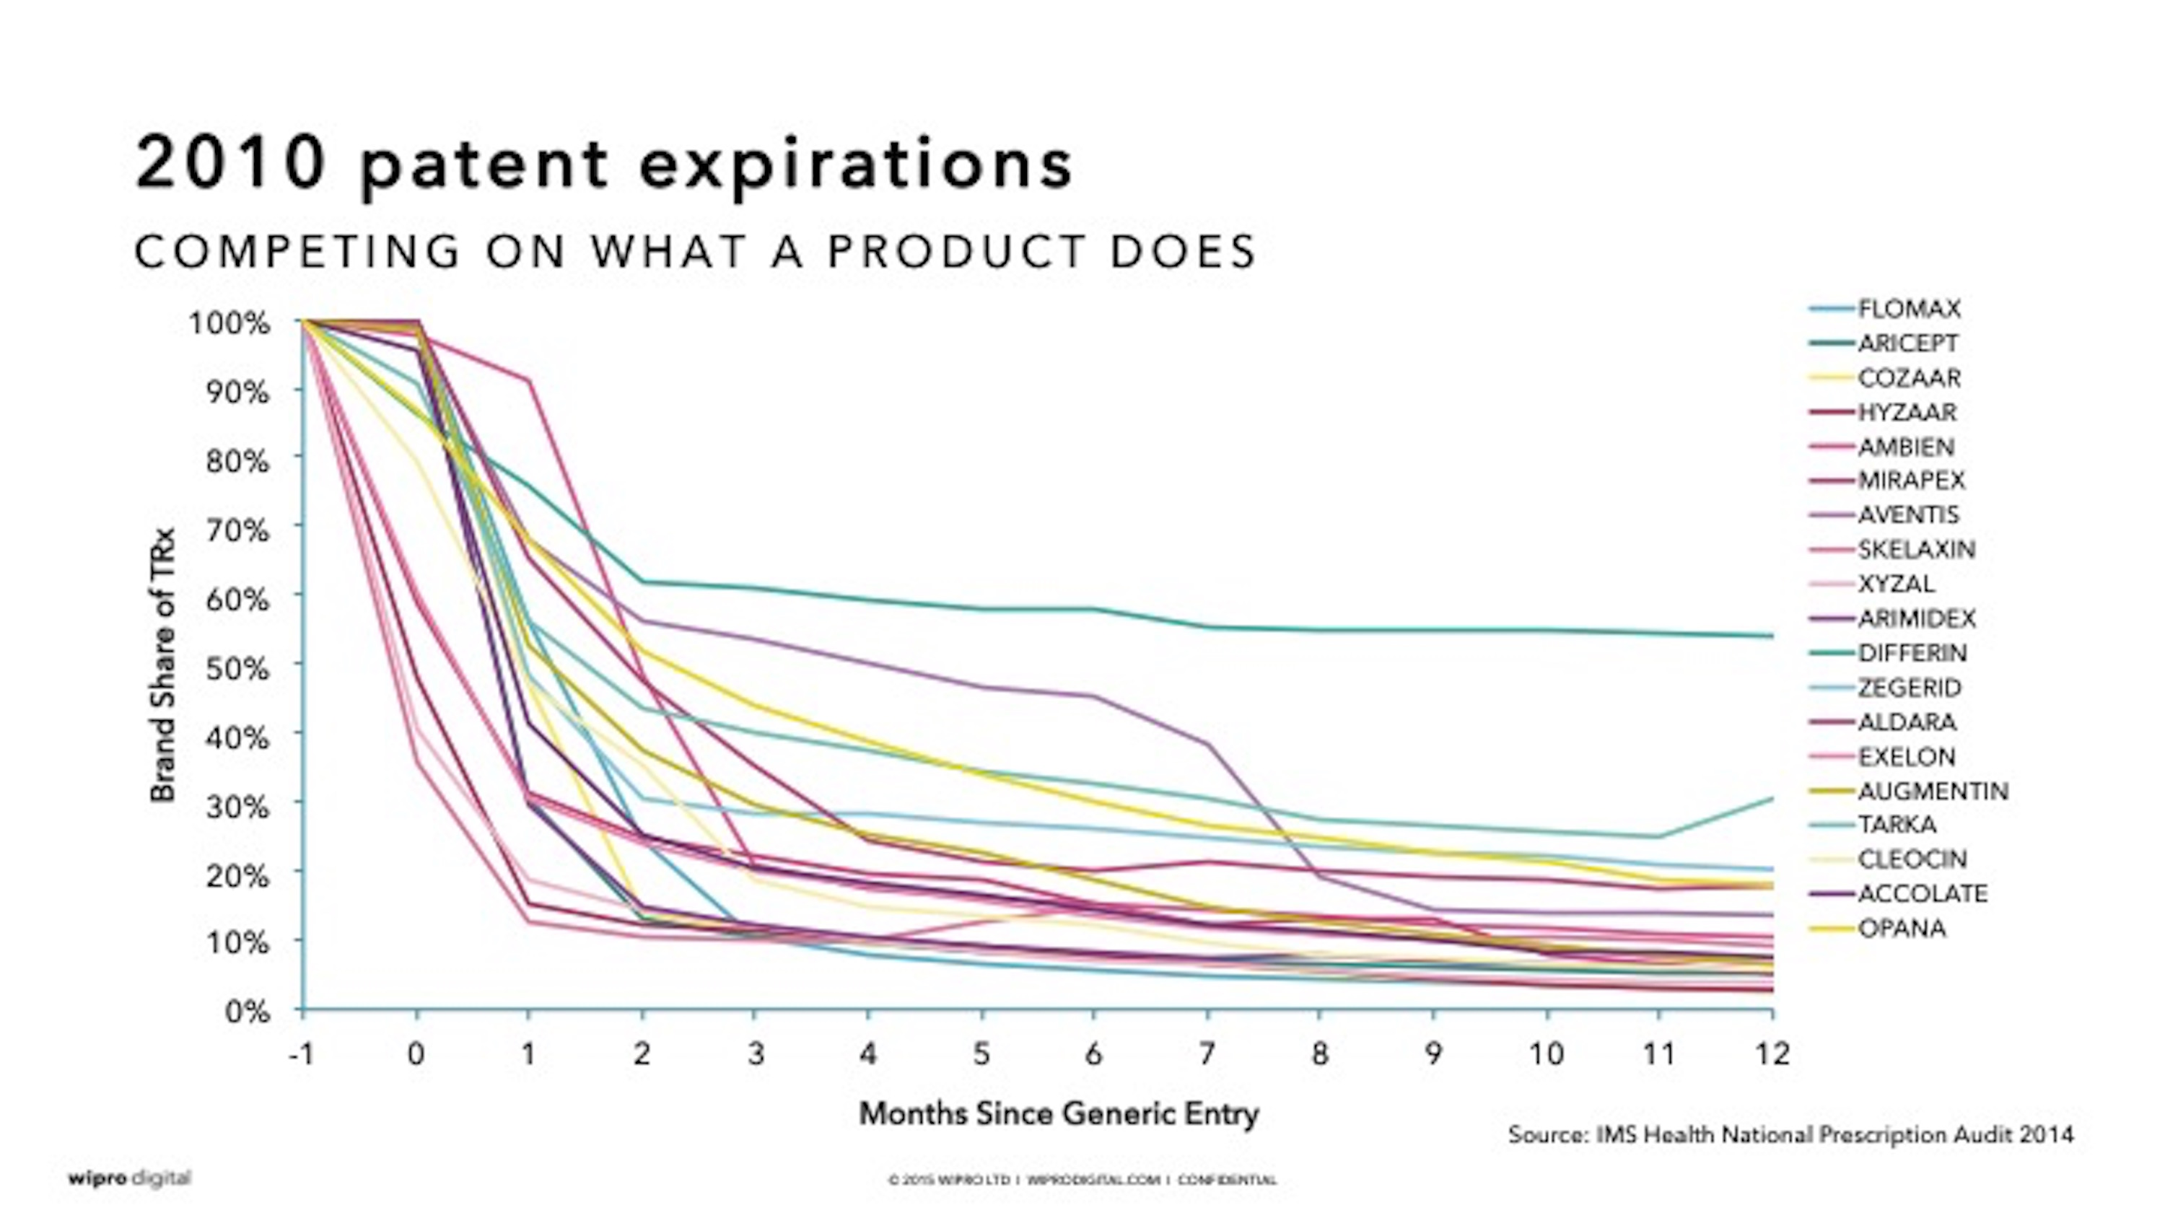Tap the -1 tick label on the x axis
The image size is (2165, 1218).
pyautogui.click(x=300, y=1054)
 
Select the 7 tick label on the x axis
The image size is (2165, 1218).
pyautogui.click(x=1207, y=1054)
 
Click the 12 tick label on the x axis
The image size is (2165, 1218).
pyautogui.click(x=1772, y=1054)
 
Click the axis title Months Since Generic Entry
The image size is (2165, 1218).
pyautogui.click(x=1058, y=1115)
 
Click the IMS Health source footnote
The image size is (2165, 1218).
pyautogui.click(x=1790, y=1136)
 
